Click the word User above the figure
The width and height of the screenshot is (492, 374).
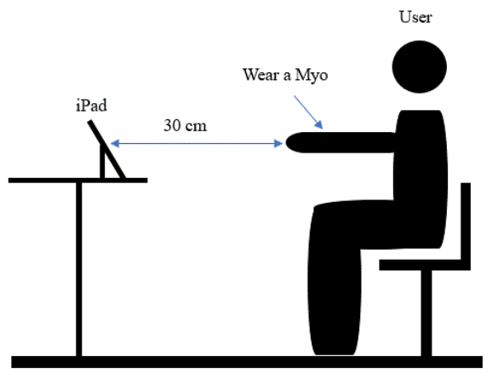coord(415,17)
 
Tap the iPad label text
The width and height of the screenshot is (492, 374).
coord(91,105)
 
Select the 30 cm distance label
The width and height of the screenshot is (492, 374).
coord(185,125)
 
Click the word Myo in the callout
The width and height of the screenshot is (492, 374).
coord(312,76)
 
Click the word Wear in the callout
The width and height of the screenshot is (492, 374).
coord(261,75)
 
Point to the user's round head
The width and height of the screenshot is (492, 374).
coord(419,66)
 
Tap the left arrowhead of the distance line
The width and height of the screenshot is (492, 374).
coord(115,143)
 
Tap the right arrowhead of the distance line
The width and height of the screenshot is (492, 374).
coord(278,143)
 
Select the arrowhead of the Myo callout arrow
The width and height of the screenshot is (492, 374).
coord(319,125)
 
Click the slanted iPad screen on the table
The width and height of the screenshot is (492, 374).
coord(106,149)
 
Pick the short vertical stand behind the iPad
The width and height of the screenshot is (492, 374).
coord(102,161)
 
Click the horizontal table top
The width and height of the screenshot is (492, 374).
coord(77,181)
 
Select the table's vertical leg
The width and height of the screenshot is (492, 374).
coord(79,269)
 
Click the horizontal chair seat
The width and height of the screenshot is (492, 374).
coord(425,265)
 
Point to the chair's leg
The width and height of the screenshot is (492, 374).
coord(426,314)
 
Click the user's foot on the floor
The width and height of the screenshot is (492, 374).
coord(335,348)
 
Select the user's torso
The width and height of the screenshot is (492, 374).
coord(420,175)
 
